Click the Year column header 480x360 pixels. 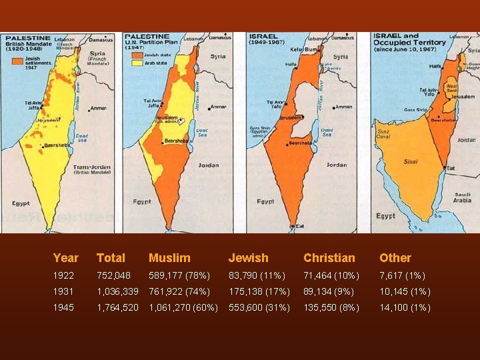[66, 258]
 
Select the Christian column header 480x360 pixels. [329, 258]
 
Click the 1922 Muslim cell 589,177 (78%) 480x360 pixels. [179, 275]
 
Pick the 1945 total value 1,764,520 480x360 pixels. [118, 307]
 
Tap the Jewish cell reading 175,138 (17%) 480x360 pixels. [259, 291]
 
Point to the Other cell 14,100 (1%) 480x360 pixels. [405, 307]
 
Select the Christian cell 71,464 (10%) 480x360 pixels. [331, 275]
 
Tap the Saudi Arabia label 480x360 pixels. [463, 197]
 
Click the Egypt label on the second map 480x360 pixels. [142, 201]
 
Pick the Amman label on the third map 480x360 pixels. [344, 107]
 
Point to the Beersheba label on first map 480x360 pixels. [57, 145]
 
